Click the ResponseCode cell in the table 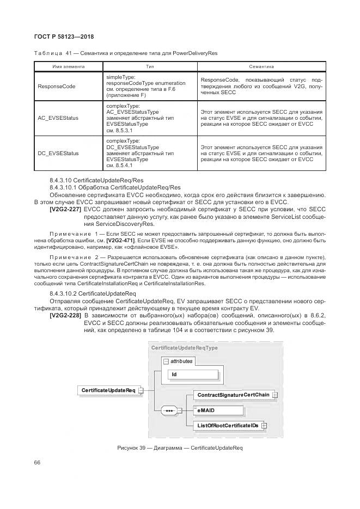pyautogui.click(x=56, y=87)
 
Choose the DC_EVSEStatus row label pyautogui.click(x=58, y=153)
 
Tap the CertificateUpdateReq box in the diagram pyautogui.click(x=108, y=390)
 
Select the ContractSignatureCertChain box pyautogui.click(x=233, y=394)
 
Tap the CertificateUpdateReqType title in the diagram pyautogui.click(x=184, y=347)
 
